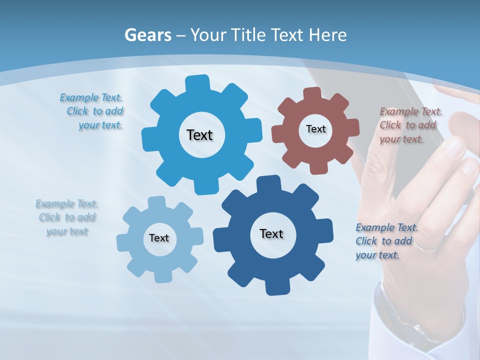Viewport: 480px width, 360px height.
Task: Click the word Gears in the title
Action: (147, 35)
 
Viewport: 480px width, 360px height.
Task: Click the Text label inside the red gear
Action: (315, 129)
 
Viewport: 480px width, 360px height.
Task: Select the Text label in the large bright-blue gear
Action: (199, 135)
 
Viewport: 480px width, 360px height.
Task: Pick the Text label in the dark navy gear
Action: (271, 233)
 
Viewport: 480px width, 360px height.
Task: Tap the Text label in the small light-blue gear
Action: (159, 238)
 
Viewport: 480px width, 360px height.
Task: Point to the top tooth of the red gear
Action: (312, 93)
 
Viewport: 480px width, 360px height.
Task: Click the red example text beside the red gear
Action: (410, 125)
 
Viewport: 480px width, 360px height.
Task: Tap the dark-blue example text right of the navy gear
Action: (386, 241)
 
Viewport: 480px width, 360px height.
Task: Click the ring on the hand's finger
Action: (425, 247)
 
